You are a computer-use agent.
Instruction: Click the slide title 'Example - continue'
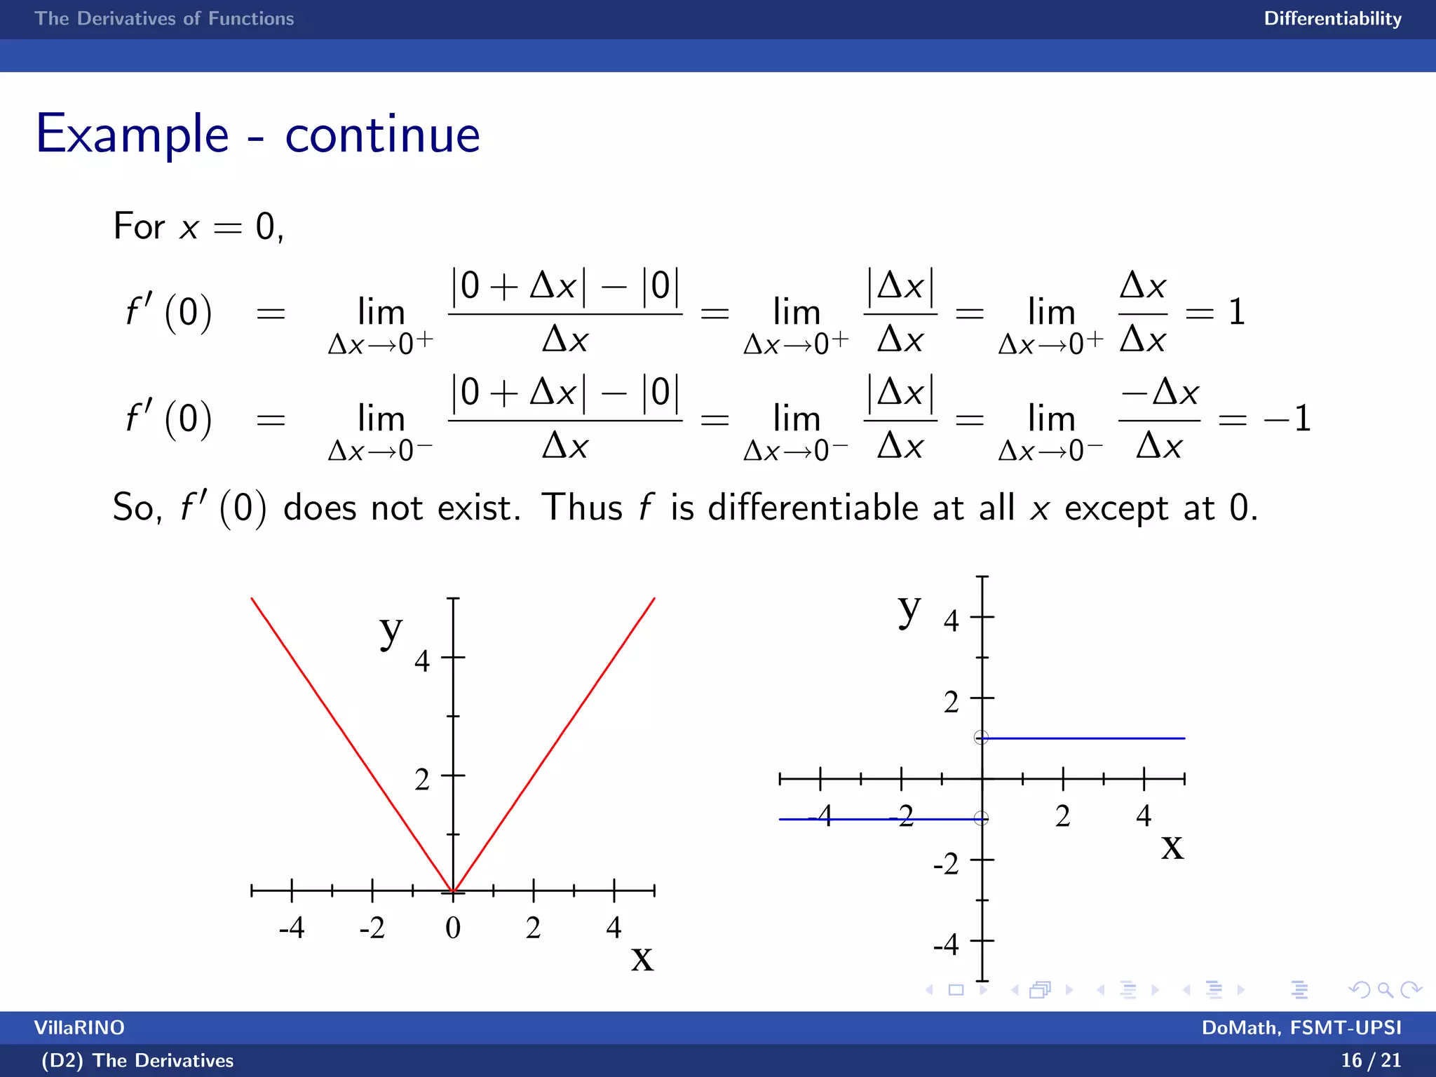tap(257, 134)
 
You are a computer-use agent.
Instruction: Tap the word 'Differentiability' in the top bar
tap(1332, 19)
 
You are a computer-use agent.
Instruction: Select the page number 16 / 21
tap(1370, 1059)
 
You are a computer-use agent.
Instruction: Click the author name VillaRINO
tap(79, 1027)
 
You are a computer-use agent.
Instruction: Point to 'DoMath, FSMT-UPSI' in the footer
tap(1301, 1027)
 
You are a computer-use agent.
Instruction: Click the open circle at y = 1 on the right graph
tap(981, 738)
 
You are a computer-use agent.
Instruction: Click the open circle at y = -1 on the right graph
tap(981, 818)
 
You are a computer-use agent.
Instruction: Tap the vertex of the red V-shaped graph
tap(454, 891)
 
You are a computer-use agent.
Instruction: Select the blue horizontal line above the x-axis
tap(1083, 738)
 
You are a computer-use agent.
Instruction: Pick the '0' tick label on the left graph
tap(453, 928)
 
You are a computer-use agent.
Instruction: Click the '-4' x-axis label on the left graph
tap(292, 928)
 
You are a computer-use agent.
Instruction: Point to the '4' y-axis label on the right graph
tap(951, 620)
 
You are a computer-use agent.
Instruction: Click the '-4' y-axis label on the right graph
tap(946, 944)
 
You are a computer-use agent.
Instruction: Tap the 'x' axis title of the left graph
tap(642, 959)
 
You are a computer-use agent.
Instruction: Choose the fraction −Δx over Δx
tap(1159, 419)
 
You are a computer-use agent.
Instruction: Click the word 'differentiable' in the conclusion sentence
tap(813, 507)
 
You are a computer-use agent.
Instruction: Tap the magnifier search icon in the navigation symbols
tap(1385, 989)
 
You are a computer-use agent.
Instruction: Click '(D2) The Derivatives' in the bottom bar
tap(137, 1060)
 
